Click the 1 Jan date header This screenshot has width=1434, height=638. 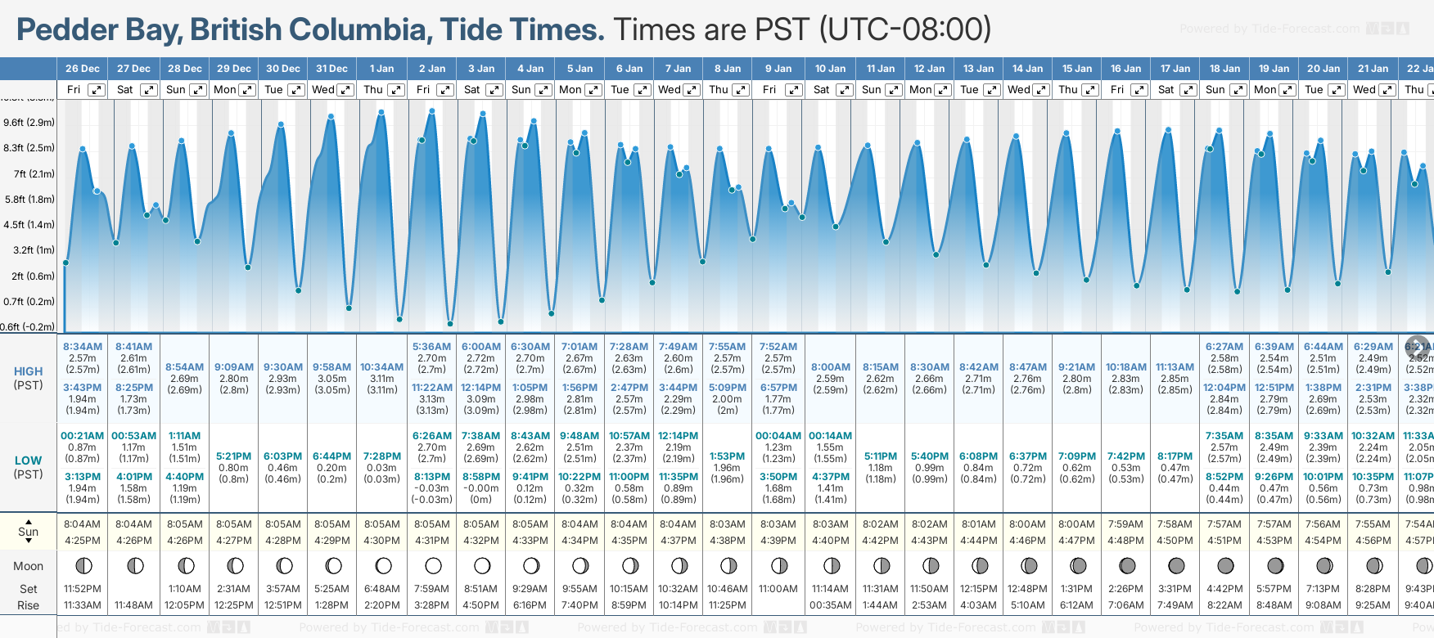(381, 69)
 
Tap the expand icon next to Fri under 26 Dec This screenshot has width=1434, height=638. (97, 90)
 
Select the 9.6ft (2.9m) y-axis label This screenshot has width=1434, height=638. (29, 123)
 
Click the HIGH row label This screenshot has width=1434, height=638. (28, 371)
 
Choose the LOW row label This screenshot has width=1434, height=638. (28, 461)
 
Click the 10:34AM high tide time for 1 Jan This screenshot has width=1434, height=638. (381, 367)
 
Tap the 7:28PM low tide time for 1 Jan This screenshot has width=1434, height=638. (381, 456)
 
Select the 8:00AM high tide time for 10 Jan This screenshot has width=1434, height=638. (831, 367)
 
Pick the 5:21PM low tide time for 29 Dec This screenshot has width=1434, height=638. (234, 456)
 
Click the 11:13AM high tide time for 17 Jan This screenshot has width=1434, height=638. (1175, 367)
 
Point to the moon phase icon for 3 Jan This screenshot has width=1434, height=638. (482, 565)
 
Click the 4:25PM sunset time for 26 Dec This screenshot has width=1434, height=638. (83, 541)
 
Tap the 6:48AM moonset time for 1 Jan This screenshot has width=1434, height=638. (381, 589)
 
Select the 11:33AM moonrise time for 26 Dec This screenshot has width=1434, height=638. (83, 605)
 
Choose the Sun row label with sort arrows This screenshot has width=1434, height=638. (29, 532)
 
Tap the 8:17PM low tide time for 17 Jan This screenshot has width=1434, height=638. (1175, 456)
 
